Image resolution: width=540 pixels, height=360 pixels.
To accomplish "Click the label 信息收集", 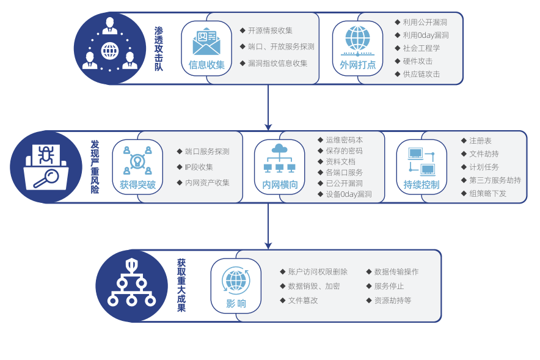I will [206, 65].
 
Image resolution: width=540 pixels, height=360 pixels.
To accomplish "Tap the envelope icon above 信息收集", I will [206, 42].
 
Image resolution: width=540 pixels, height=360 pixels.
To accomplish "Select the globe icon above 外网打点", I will [357, 40].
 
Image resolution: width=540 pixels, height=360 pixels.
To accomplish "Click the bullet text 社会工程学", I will [421, 48].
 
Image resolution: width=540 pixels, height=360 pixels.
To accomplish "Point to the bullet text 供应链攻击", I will [421, 75].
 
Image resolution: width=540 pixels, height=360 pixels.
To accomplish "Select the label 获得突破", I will [137, 184].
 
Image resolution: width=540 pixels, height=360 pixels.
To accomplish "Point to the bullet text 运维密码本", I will [344, 141].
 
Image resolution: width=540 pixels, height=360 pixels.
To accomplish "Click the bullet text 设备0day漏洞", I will [348, 194].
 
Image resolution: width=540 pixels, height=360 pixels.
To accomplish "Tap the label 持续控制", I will [421, 184].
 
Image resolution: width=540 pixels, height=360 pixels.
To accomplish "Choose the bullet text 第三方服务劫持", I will [495, 180].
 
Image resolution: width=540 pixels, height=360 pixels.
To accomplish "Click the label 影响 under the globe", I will [236, 303].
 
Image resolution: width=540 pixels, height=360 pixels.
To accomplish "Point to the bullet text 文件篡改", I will [303, 301].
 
